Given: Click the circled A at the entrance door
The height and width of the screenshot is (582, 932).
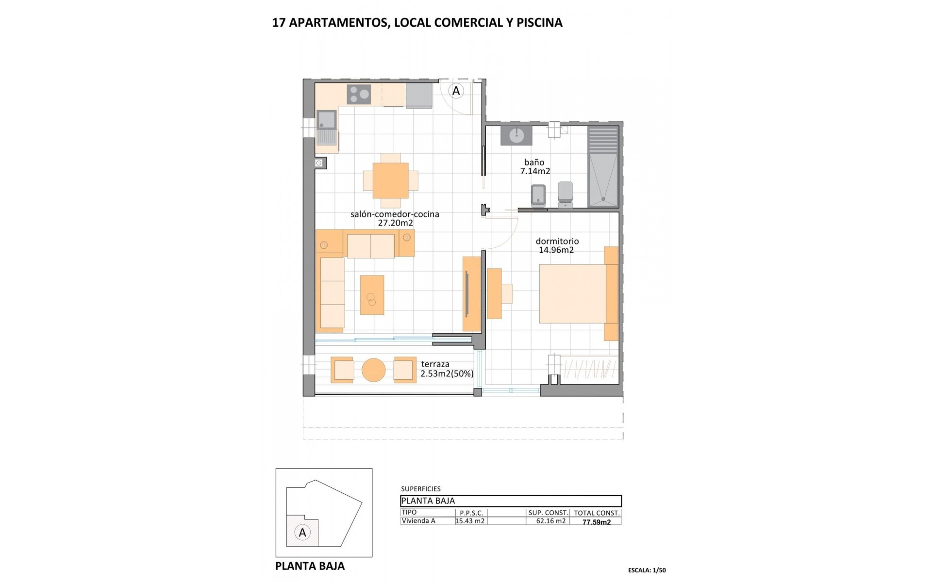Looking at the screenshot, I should (456, 91).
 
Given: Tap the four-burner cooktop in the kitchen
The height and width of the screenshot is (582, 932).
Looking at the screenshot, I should (359, 94).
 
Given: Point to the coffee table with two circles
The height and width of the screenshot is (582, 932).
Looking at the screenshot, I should (372, 295).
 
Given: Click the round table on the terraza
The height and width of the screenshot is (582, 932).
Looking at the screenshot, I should (373, 370).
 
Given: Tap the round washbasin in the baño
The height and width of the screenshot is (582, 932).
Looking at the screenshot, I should (516, 135).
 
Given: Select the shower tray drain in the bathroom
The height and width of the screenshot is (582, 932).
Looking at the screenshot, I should (603, 198).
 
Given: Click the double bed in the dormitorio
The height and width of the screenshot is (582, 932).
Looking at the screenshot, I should (573, 293).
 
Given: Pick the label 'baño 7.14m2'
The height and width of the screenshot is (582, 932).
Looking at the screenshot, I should (534, 166).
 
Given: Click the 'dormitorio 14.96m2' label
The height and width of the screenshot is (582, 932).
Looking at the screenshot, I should (557, 245).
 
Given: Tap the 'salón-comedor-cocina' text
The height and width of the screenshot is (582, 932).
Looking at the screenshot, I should (395, 214).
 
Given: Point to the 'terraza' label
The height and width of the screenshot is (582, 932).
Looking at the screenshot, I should (435, 364).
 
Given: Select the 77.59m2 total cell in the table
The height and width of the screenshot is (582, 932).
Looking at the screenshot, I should (597, 522).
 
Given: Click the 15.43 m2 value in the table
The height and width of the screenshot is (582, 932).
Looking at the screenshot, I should (470, 521).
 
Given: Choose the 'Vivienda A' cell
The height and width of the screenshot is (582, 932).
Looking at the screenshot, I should (418, 521).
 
